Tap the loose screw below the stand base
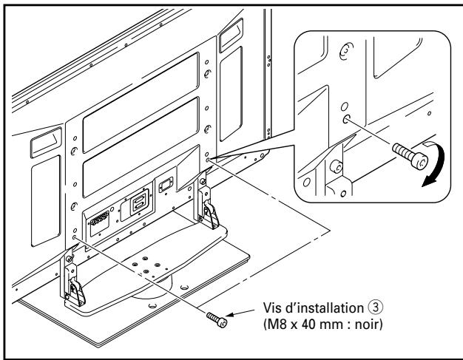click(218, 319)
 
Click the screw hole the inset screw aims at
click(347, 118)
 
